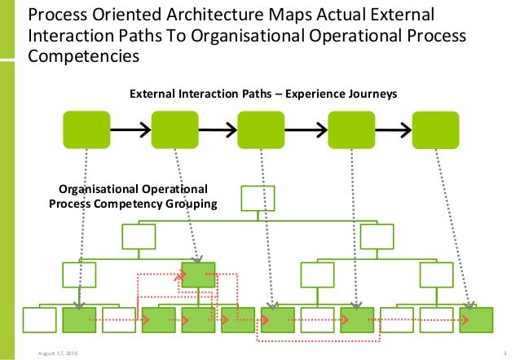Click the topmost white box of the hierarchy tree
click(x=258, y=197)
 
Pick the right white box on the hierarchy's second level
click(x=377, y=237)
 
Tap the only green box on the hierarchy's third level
click(x=198, y=274)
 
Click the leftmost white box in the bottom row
click(x=38, y=320)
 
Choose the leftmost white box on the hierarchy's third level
click(x=79, y=274)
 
